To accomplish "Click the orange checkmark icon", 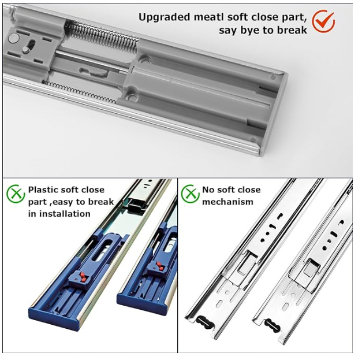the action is click(x=323, y=21).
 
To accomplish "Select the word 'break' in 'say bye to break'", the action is click(x=292, y=30).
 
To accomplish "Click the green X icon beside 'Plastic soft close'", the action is click(x=16, y=194).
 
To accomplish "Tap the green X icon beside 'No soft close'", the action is click(x=190, y=194).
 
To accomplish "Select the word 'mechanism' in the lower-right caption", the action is click(x=228, y=202).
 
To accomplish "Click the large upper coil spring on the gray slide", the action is click(x=102, y=35).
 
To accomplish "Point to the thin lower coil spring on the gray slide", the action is click(x=80, y=92).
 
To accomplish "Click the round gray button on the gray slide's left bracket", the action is click(x=14, y=38).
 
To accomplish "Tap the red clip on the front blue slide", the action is click(x=83, y=277).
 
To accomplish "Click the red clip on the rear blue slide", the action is click(x=160, y=266).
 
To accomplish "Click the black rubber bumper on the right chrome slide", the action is click(x=273, y=326).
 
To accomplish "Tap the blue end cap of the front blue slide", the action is click(x=55, y=319).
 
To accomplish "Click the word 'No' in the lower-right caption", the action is click(x=207, y=190).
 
